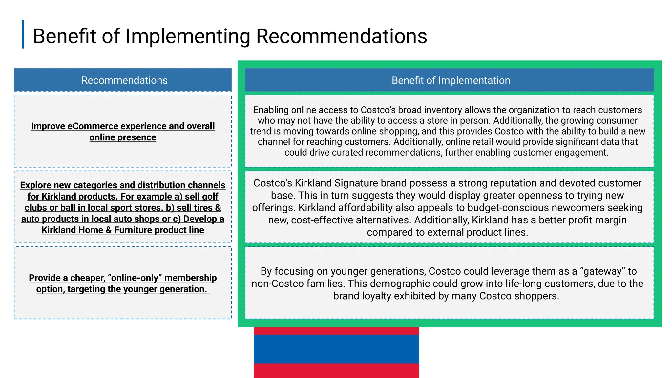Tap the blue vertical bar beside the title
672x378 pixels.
click(x=23, y=34)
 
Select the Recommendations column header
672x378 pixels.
click(x=124, y=80)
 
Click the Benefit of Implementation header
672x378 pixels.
click(x=451, y=80)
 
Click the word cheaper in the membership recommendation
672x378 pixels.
click(x=87, y=278)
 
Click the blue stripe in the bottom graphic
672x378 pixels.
click(x=336, y=349)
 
